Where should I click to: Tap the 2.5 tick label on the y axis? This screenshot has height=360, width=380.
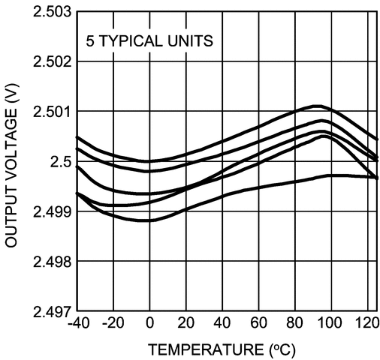[60, 162]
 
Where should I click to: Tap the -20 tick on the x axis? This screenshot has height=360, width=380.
[113, 325]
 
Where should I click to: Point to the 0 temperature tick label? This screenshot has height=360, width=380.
[149, 325]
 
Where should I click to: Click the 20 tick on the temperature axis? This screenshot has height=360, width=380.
[185, 325]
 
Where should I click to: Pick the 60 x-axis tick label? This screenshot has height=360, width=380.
[258, 325]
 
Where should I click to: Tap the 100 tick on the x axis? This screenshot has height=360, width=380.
[330, 325]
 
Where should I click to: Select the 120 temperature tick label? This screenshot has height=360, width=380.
[366, 325]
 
